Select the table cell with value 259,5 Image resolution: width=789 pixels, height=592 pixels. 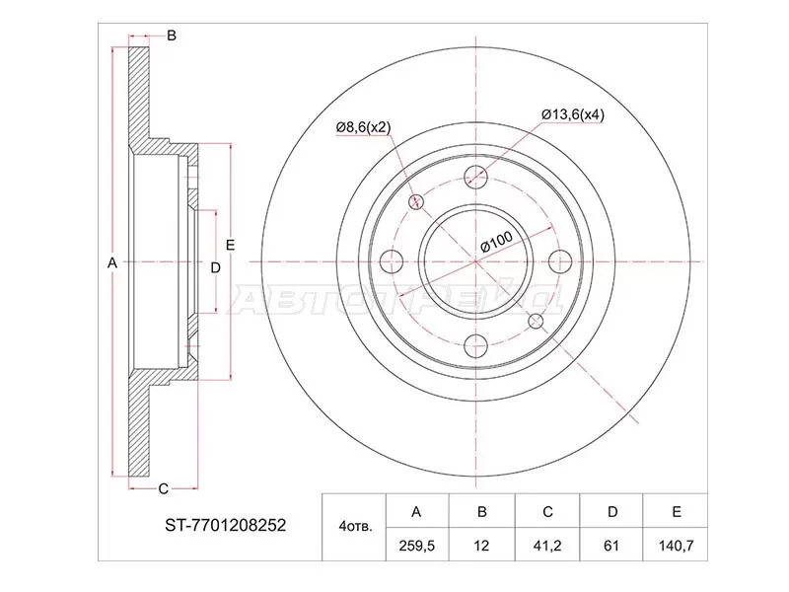(415, 542)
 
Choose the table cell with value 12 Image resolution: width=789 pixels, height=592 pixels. (480, 542)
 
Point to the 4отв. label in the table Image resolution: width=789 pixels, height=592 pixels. (355, 527)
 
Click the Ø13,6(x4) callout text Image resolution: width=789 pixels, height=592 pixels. (572, 113)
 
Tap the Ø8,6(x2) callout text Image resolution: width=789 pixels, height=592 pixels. (364, 127)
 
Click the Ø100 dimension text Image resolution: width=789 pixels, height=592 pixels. (495, 240)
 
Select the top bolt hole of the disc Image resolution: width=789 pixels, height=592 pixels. (477, 178)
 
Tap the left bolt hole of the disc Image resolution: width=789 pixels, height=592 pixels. (393, 261)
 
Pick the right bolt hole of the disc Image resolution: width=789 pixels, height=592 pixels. (561, 261)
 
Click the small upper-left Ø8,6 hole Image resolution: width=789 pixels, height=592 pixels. (416, 201)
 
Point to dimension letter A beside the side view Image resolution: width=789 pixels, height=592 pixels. (111, 262)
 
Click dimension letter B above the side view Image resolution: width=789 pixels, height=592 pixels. (171, 37)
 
